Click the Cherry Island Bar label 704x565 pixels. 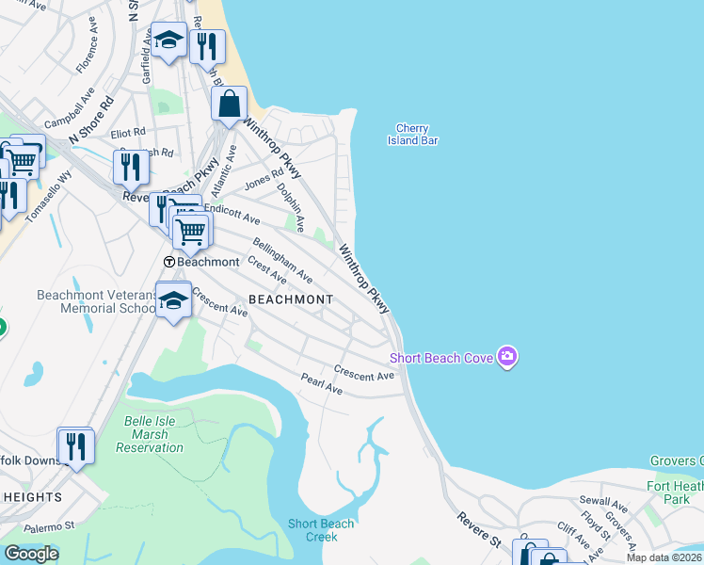coord(412,135)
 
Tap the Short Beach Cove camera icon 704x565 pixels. coord(507,356)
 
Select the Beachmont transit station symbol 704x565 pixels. coord(168,262)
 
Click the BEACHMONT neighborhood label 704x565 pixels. coord(291,299)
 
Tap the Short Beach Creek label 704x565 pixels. coord(321,530)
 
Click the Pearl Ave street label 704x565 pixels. coord(321,383)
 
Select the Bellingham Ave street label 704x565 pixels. coord(281,261)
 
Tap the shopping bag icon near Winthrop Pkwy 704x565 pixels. coord(230,105)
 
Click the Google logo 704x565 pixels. coord(31,554)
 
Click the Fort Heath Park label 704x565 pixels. coord(676,492)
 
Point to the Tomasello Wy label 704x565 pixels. coord(48,197)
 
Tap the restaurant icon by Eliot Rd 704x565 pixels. coord(132,167)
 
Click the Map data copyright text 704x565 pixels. coord(664,557)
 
